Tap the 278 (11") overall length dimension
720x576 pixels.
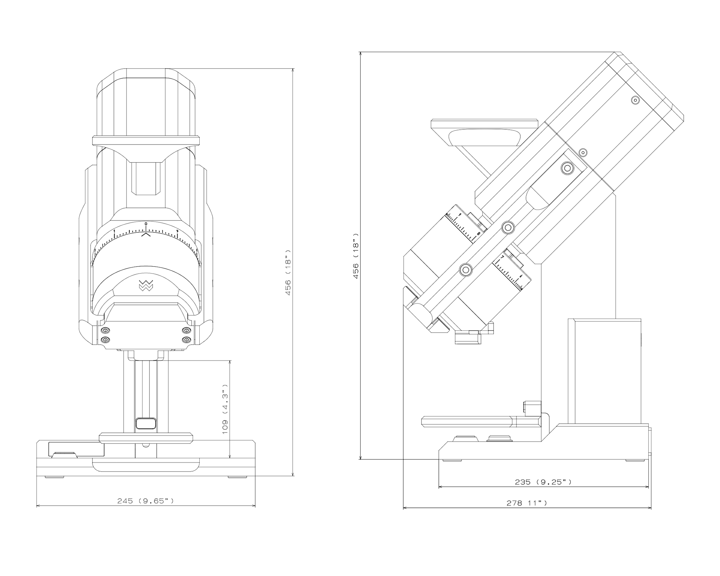pos(527,503)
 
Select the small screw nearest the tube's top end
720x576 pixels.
pos(635,100)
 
